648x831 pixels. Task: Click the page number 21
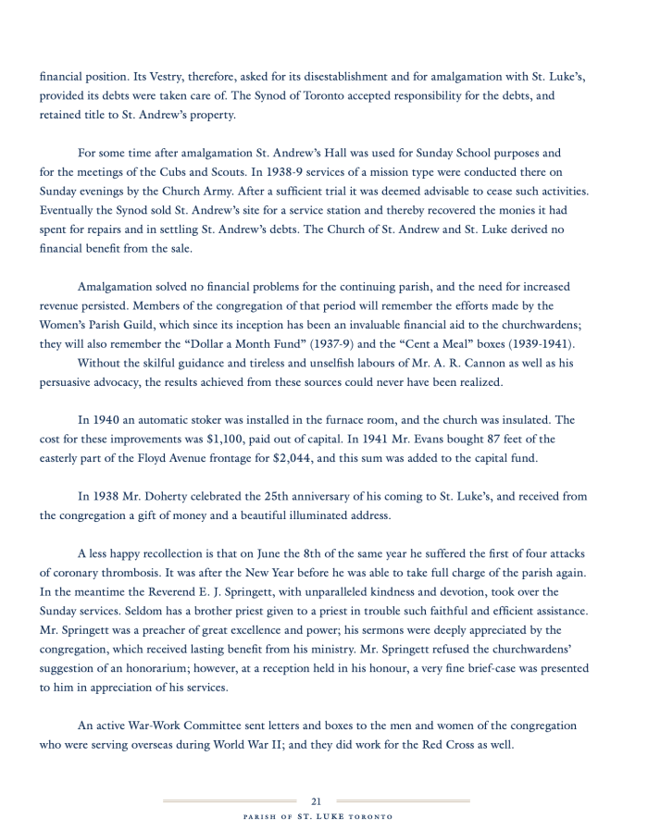click(x=316, y=801)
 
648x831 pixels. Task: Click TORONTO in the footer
click(x=372, y=817)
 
